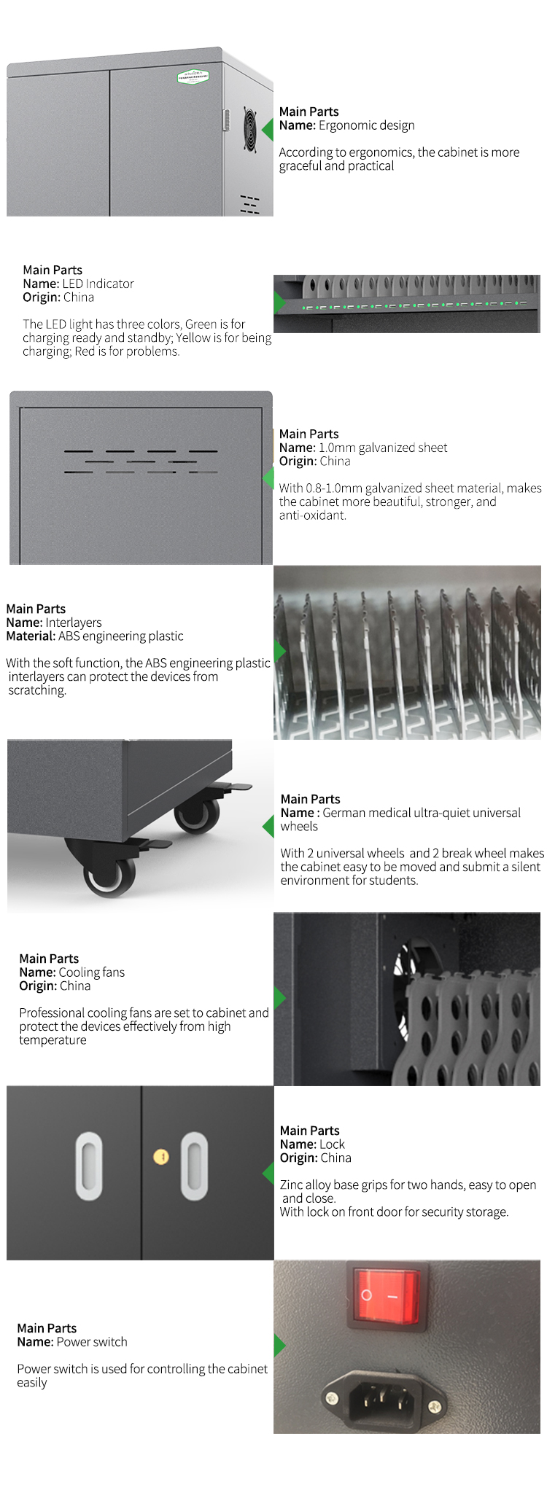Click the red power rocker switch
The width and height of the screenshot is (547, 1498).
point(387,1295)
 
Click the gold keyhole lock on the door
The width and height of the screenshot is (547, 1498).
point(161,1157)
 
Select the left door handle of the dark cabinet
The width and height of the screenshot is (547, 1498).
point(89,1166)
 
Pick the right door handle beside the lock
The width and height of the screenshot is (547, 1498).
point(194,1166)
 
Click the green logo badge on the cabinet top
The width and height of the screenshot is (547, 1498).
point(194,77)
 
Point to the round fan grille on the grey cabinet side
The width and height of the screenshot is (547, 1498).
point(250,130)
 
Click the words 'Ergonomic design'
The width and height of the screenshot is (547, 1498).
point(366,125)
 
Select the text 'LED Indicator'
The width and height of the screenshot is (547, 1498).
point(98,284)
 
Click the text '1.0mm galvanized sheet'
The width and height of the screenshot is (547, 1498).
point(383,448)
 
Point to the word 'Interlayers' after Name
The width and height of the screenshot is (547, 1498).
point(73,623)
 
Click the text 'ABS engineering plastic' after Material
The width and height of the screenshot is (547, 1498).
point(120,636)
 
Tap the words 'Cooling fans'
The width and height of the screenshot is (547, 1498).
point(91,972)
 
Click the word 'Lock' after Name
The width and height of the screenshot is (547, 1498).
point(332,1144)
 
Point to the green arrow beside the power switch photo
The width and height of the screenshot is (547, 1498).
point(280,1345)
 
